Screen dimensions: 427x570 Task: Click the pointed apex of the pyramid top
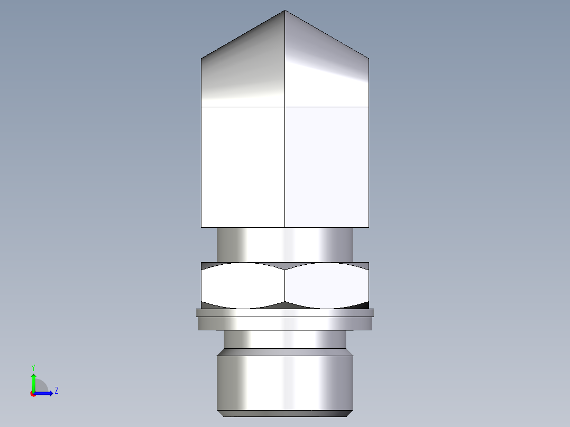(x=285, y=11)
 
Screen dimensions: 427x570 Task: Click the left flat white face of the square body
(x=243, y=166)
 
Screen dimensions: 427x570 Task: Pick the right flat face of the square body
(x=327, y=166)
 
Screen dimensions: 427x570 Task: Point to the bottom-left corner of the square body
(x=201, y=227)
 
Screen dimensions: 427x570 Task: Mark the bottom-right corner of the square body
(x=369, y=227)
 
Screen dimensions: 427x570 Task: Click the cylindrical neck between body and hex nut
(x=285, y=244)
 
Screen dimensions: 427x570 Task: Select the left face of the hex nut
(x=243, y=285)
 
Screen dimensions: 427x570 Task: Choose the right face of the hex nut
(x=327, y=285)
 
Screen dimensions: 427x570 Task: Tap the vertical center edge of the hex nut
(x=285, y=285)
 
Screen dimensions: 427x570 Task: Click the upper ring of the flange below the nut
(x=285, y=312)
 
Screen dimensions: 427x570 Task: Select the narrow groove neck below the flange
(x=285, y=339)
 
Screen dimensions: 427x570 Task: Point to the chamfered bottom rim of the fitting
(x=285, y=413)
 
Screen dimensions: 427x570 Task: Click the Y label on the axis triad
(x=33, y=367)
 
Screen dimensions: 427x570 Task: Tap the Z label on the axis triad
(x=56, y=391)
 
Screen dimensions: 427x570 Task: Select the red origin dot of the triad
(x=33, y=394)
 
